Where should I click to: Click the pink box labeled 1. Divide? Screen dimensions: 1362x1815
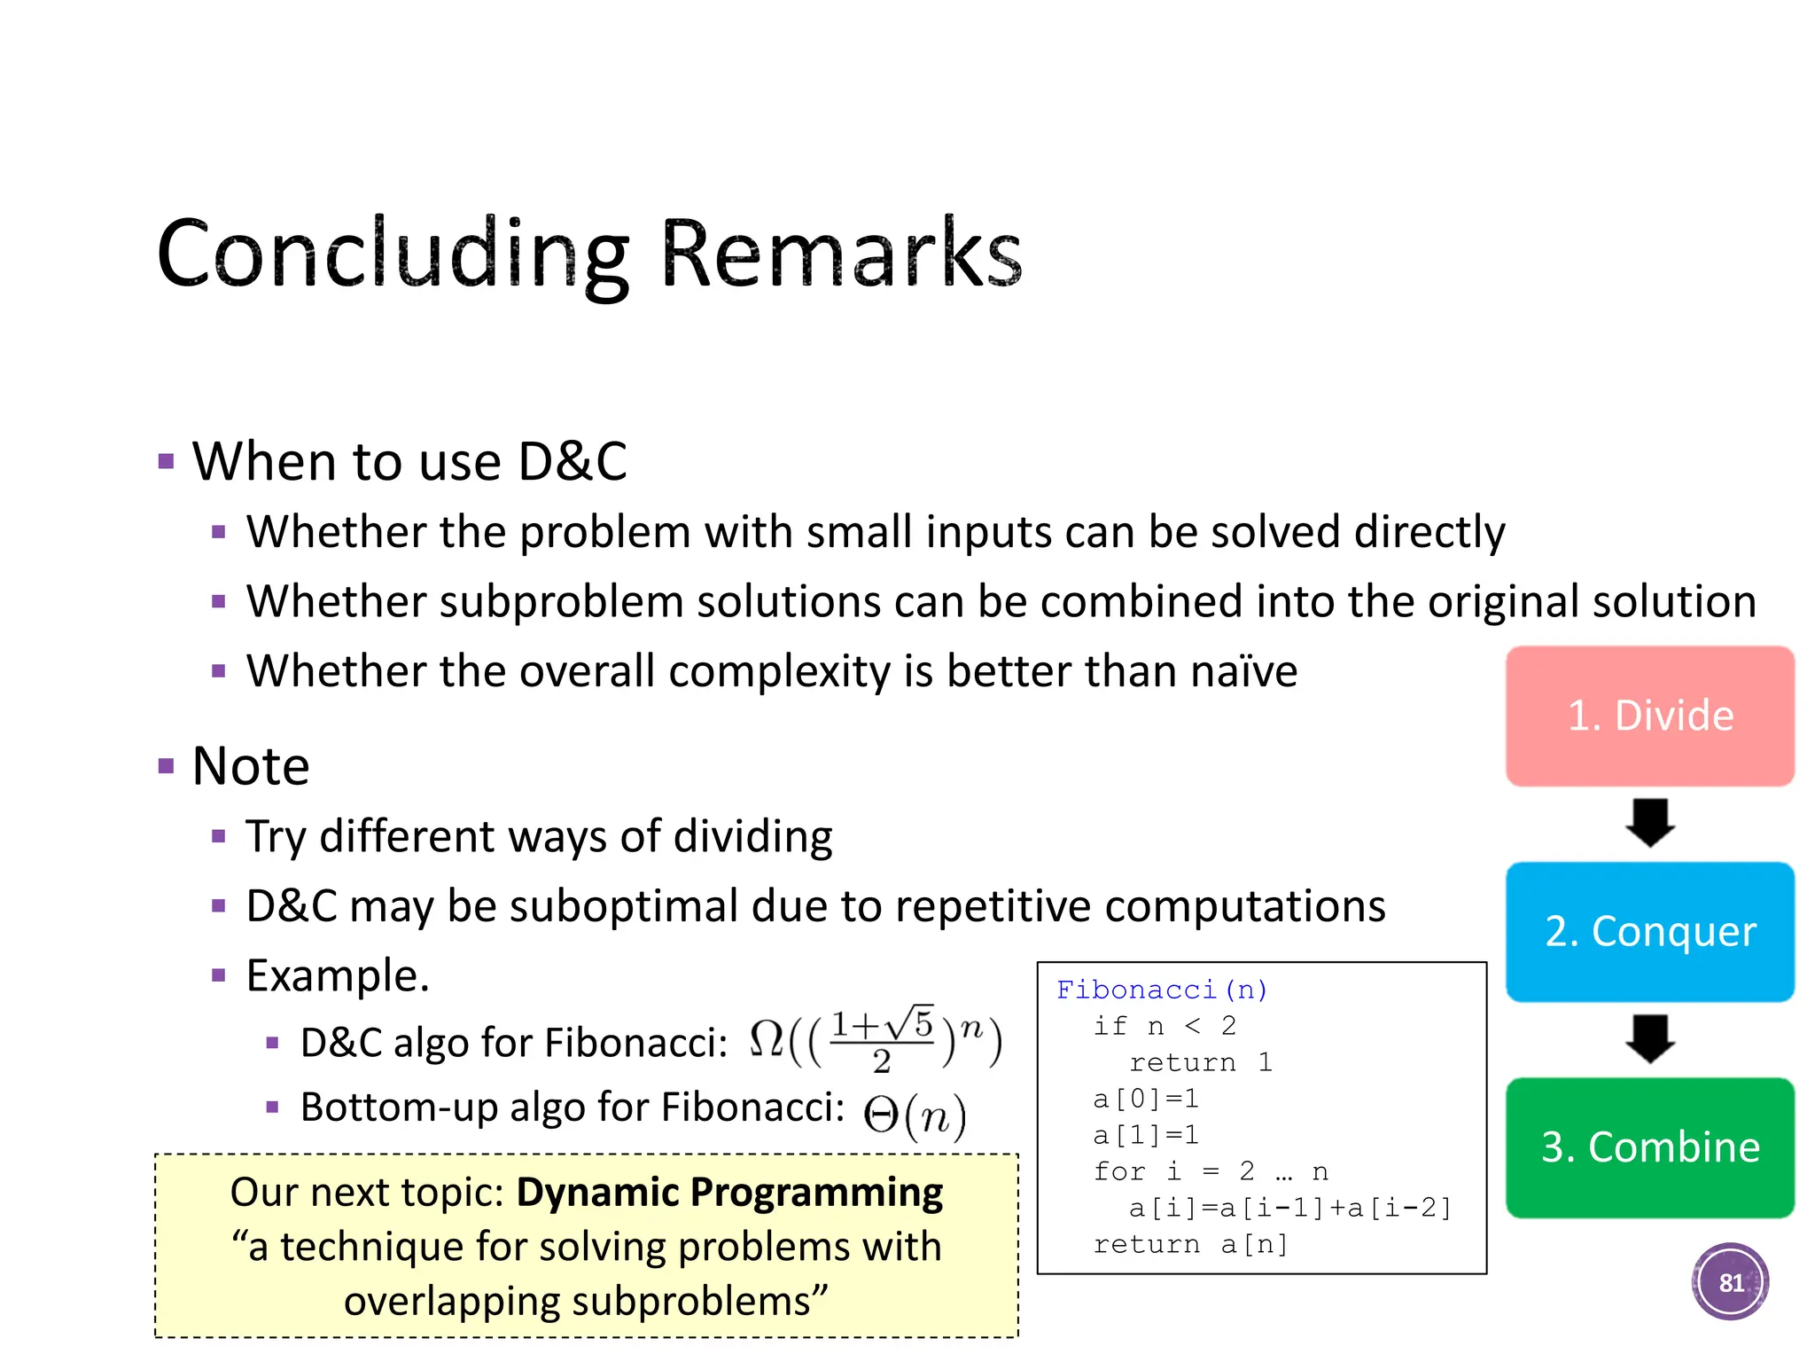pos(1649,716)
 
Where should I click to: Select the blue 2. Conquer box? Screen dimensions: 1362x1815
pos(1649,931)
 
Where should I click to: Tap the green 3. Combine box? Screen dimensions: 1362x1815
pos(1649,1147)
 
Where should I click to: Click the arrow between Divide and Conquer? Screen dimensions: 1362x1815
pos(1649,823)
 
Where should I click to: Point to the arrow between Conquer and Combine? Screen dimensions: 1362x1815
pos(1649,1038)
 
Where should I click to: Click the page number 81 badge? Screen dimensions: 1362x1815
pos(1730,1282)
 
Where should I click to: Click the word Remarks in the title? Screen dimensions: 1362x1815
pos(841,254)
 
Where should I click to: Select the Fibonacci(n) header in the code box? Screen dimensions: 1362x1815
pos(1162,990)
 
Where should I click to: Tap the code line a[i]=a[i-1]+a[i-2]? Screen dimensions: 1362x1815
pos(1289,1208)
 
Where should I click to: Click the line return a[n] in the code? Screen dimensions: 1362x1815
pos(1190,1244)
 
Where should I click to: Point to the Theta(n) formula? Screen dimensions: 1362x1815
pos(915,1115)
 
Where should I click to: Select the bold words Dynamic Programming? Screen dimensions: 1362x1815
pos(729,1193)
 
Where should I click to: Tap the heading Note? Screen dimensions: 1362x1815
pos(251,766)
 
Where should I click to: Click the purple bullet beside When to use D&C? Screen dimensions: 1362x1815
pos(166,461)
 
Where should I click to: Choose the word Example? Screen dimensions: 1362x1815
pos(337,975)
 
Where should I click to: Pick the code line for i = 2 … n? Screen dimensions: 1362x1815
pos(1210,1171)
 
